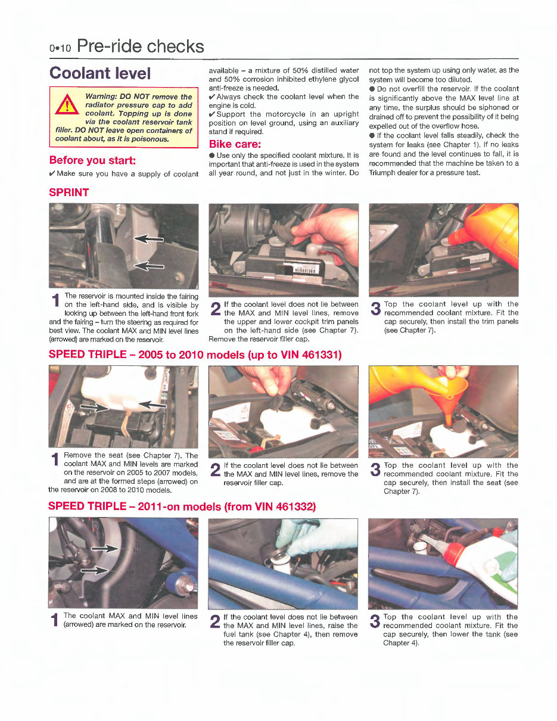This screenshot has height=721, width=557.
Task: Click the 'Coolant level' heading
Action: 100,73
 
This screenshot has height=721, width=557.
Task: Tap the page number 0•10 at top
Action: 60,48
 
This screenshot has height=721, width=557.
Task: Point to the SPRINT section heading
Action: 69,192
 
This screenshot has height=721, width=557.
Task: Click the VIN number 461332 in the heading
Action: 292,507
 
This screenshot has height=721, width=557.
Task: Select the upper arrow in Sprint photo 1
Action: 148,238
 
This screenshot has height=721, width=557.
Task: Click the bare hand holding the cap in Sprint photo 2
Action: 328,232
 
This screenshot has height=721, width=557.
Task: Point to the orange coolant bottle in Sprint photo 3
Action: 488,229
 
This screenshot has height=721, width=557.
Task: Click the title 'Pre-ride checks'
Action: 141,46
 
